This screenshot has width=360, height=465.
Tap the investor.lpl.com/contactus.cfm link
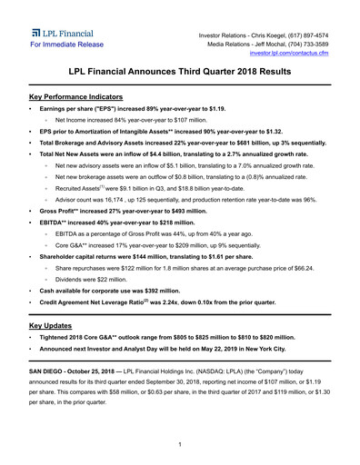coord(295,54)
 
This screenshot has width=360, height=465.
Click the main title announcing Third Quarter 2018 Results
coord(180,71)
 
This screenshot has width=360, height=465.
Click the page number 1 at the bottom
coord(180,444)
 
